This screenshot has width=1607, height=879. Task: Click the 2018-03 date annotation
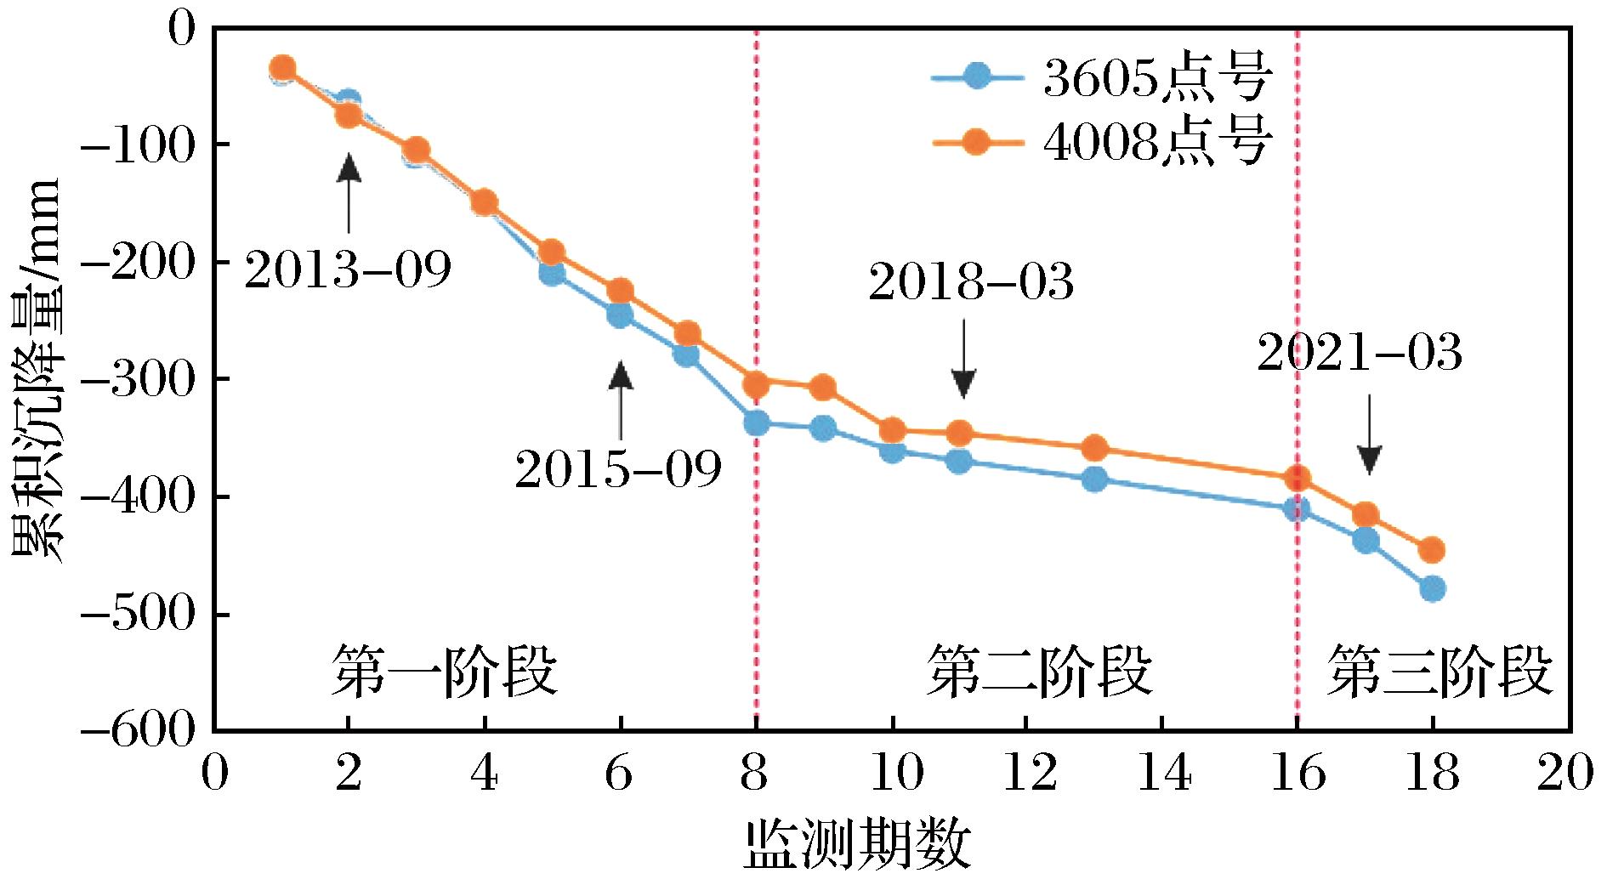tap(971, 282)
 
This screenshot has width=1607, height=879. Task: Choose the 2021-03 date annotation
tap(1360, 354)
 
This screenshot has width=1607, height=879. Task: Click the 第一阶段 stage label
tap(444, 671)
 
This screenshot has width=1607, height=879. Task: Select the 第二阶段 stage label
tap(1039, 671)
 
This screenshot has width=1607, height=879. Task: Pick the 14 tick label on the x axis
tap(1163, 775)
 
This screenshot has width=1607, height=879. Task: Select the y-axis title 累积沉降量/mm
tap(36, 370)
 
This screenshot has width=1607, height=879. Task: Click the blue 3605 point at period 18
tap(1432, 588)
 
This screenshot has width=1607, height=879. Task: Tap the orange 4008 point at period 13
tap(1094, 448)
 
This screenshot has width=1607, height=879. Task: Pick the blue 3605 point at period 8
tap(756, 422)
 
